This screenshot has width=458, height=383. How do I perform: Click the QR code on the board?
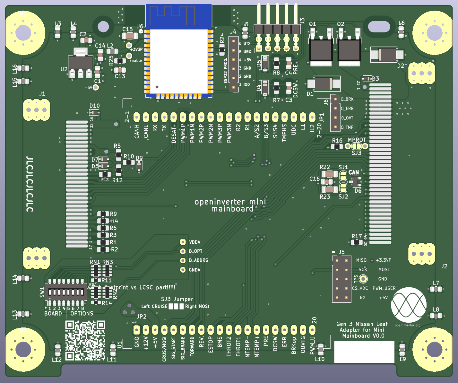point(85,340)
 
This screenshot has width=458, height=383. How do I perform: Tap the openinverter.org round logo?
point(409,305)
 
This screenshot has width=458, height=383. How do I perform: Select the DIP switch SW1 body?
point(66,292)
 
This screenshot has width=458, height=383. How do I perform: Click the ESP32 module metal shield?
point(179,61)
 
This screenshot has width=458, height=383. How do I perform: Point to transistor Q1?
point(321,50)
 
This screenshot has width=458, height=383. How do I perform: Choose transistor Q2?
point(349,50)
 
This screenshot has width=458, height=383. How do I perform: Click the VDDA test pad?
point(183,242)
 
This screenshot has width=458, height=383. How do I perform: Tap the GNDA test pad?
point(183,270)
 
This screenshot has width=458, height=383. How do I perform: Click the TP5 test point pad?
point(363,279)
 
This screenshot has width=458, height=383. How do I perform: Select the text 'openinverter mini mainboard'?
point(230,205)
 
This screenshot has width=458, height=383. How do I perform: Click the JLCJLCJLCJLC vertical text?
point(30,184)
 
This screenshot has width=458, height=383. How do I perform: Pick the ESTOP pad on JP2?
point(211,330)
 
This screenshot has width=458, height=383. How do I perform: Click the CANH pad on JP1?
point(137,117)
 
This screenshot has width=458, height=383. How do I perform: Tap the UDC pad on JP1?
point(294,117)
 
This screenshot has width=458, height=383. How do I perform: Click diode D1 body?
point(324,84)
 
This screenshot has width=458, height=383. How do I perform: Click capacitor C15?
point(130,36)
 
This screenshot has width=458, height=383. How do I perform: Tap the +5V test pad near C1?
point(96,87)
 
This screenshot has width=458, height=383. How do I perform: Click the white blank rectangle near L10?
point(364,352)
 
